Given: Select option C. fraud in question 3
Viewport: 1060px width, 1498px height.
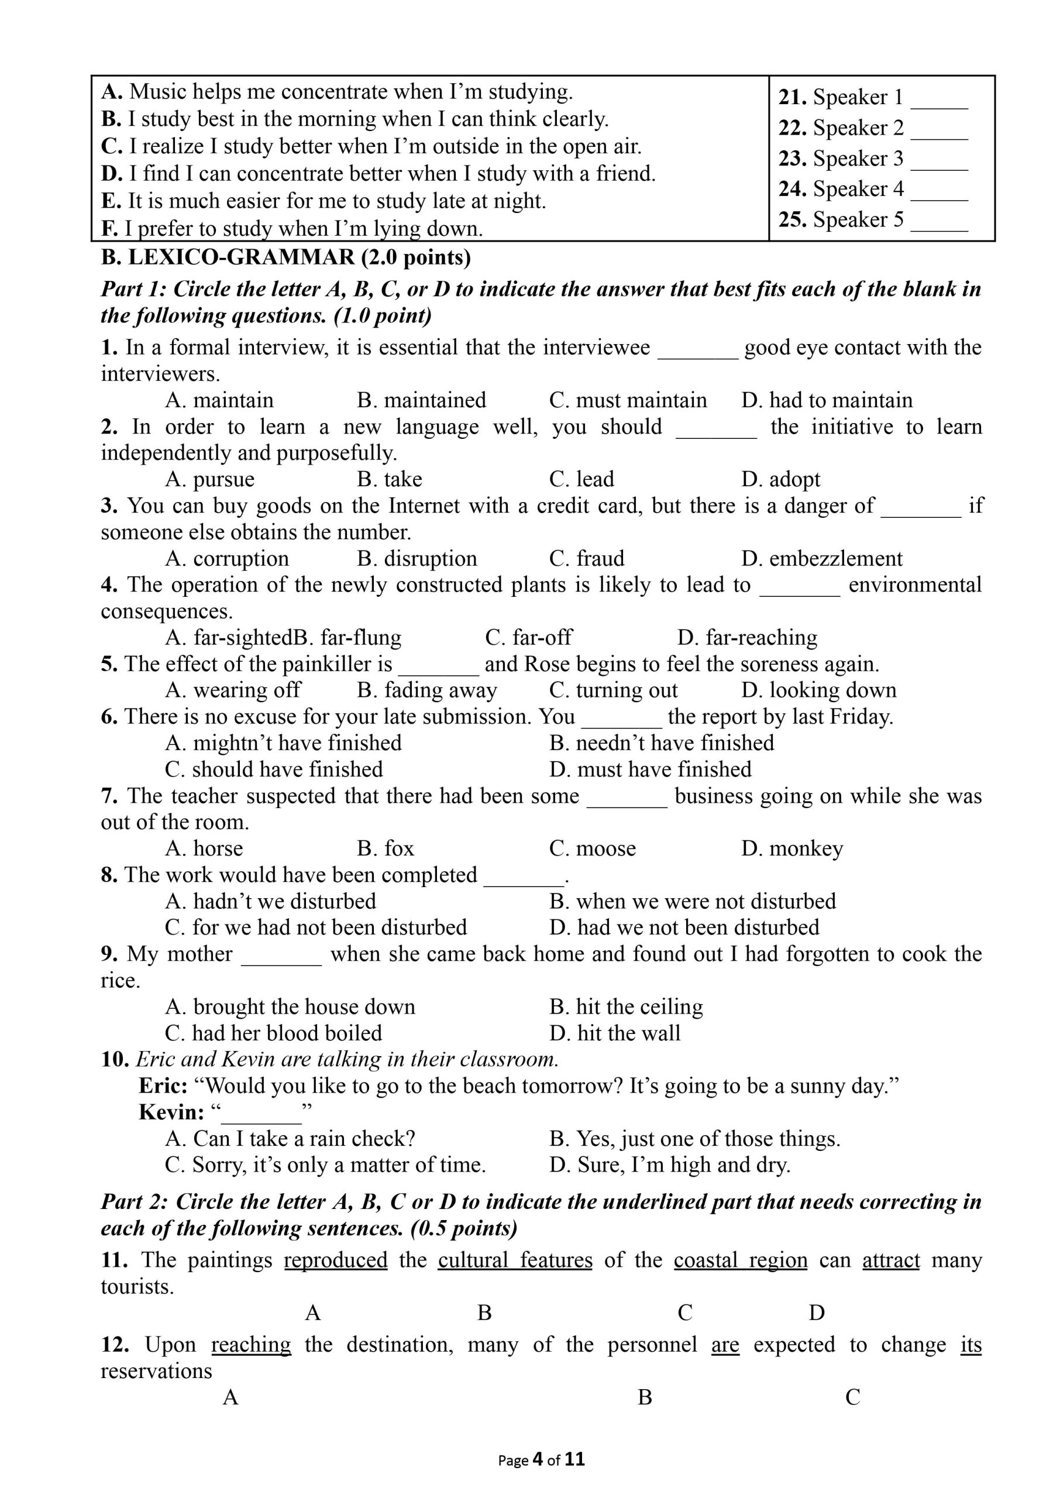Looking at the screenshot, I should click(586, 559).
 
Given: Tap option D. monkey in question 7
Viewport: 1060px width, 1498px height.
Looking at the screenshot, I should click(791, 848).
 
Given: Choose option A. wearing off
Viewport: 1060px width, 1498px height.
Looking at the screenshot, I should click(232, 690).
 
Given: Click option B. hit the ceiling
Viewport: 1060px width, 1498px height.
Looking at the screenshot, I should click(626, 1006).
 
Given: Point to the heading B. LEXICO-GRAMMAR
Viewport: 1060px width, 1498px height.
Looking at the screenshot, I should click(285, 257).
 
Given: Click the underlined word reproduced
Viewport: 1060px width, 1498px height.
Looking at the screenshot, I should click(336, 1260).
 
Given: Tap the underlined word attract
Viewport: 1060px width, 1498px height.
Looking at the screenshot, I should click(891, 1260).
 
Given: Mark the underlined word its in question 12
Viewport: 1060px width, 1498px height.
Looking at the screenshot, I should click(970, 1345).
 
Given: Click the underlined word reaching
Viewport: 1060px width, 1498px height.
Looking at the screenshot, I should click(252, 1345).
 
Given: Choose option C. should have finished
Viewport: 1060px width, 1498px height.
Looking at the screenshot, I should click(274, 769).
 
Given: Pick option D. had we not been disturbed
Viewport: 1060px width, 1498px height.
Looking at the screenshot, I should click(684, 927).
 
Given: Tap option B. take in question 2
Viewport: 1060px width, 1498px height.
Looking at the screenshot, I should click(389, 479).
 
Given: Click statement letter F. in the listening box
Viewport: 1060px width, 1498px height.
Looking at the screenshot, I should click(109, 228).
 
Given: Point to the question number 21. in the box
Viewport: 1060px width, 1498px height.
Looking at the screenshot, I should click(793, 97).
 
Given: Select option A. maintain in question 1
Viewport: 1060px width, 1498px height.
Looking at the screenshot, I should click(219, 400).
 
